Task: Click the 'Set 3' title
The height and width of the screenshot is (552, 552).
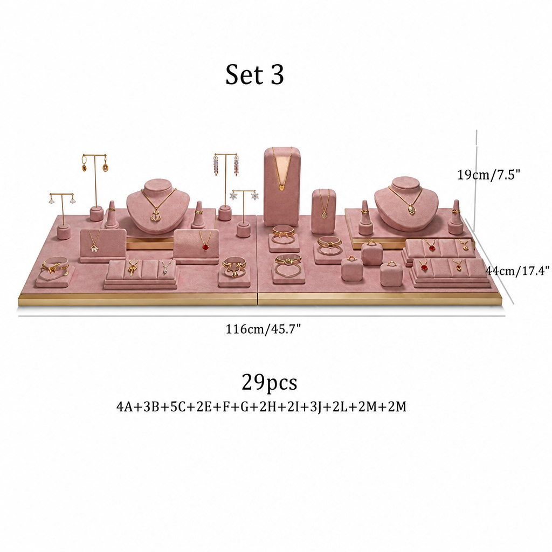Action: (x=254, y=74)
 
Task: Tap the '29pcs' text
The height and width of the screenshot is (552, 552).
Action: (x=270, y=382)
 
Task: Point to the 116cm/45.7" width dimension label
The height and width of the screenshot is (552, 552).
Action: (x=263, y=329)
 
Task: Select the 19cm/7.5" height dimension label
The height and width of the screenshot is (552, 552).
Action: (x=488, y=174)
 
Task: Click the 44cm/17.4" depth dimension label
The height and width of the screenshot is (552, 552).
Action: (x=517, y=271)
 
